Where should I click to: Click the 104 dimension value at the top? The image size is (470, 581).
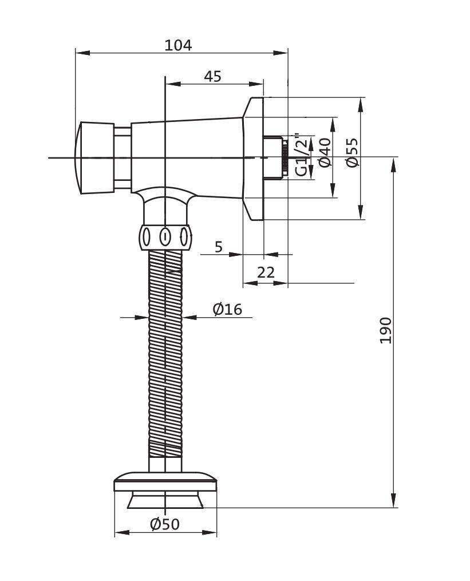pos(178,45)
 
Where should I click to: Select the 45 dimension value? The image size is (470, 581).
pos(212,76)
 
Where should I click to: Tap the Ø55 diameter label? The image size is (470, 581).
pos(352,152)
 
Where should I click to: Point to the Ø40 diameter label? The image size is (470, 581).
pos(325,152)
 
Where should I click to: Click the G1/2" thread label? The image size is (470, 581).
pos(301,155)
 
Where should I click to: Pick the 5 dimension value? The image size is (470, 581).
pos(218,247)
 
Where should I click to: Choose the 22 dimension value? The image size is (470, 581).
pos(266,272)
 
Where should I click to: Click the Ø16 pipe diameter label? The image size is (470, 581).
pos(227,310)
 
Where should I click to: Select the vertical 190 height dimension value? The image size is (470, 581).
pos(386,330)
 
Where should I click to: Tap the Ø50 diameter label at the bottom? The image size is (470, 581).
pos(165,524)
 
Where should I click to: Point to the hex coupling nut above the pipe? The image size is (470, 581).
pos(165,236)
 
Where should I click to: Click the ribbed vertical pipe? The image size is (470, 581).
pos(165,355)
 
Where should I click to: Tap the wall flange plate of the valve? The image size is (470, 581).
pos(254,158)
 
